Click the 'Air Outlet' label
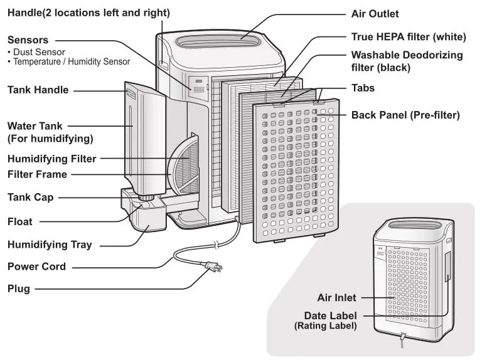[374, 13]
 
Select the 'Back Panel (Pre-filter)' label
[405, 115]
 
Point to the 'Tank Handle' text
[38, 90]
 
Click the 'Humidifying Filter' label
[52, 159]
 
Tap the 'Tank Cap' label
[30, 198]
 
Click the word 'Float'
[19, 221]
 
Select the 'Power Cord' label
[36, 266]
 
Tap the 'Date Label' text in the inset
[330, 315]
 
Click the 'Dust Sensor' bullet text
[39, 52]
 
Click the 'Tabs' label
[363, 88]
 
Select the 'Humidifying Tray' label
[50, 245]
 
